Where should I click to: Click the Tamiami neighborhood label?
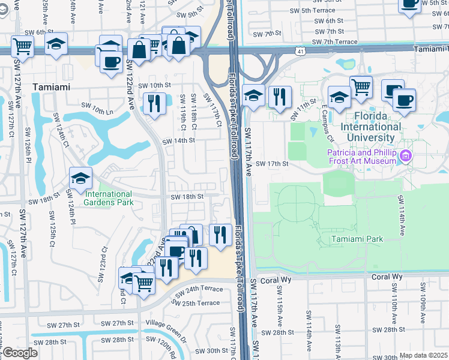(51, 87)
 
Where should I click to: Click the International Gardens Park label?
(108, 198)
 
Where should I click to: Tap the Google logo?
(20, 353)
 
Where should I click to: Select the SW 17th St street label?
(273, 163)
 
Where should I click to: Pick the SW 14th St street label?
(179, 140)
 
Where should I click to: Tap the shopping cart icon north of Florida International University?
(360, 87)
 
